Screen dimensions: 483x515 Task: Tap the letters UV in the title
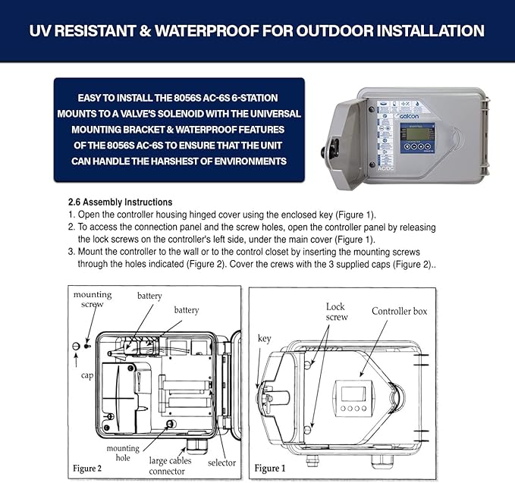click(40, 31)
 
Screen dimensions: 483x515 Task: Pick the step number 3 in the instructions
click(71, 251)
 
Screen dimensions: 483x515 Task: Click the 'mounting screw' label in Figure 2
click(92, 300)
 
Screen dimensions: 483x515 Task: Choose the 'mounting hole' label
click(122, 453)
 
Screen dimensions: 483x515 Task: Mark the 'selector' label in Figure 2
click(221, 463)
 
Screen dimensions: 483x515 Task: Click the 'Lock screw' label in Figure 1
click(335, 312)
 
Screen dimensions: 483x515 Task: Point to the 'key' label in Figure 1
click(264, 338)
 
